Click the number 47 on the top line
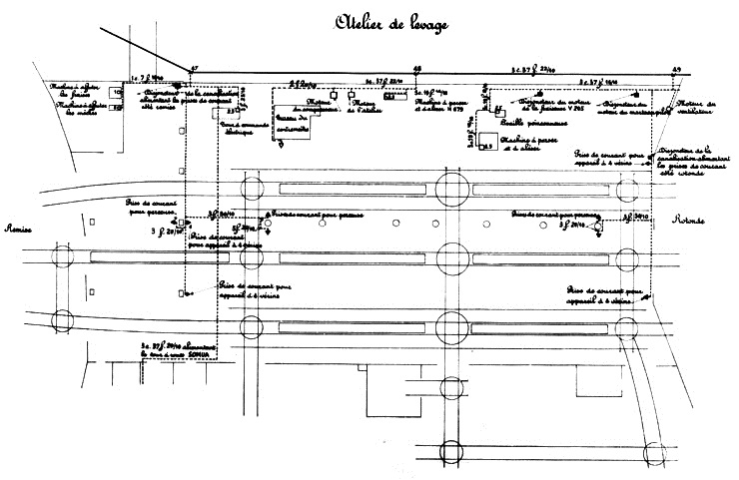click(x=194, y=68)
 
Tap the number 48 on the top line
click(x=415, y=68)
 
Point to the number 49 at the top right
click(x=676, y=68)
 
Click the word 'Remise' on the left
click(x=19, y=229)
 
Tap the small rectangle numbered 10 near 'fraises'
click(x=116, y=92)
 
